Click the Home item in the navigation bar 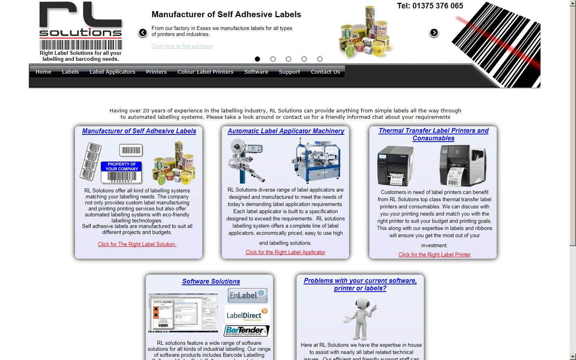(x=43, y=72)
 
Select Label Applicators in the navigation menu (x=112, y=72)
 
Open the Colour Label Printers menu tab (x=205, y=72)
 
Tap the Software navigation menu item (x=256, y=72)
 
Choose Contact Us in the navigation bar (x=325, y=72)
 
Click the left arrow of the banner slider (x=143, y=33)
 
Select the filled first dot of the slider (x=257, y=59)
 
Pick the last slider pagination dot (x=320, y=59)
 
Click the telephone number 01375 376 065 (x=430, y=6)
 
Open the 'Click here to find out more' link (x=182, y=46)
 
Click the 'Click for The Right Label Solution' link (x=137, y=244)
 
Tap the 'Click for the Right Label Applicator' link (x=285, y=252)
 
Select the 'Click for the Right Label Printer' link (x=434, y=255)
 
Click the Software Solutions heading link (x=211, y=282)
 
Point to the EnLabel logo (x=247, y=296)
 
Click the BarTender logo (x=246, y=331)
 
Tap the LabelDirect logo (x=247, y=315)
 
